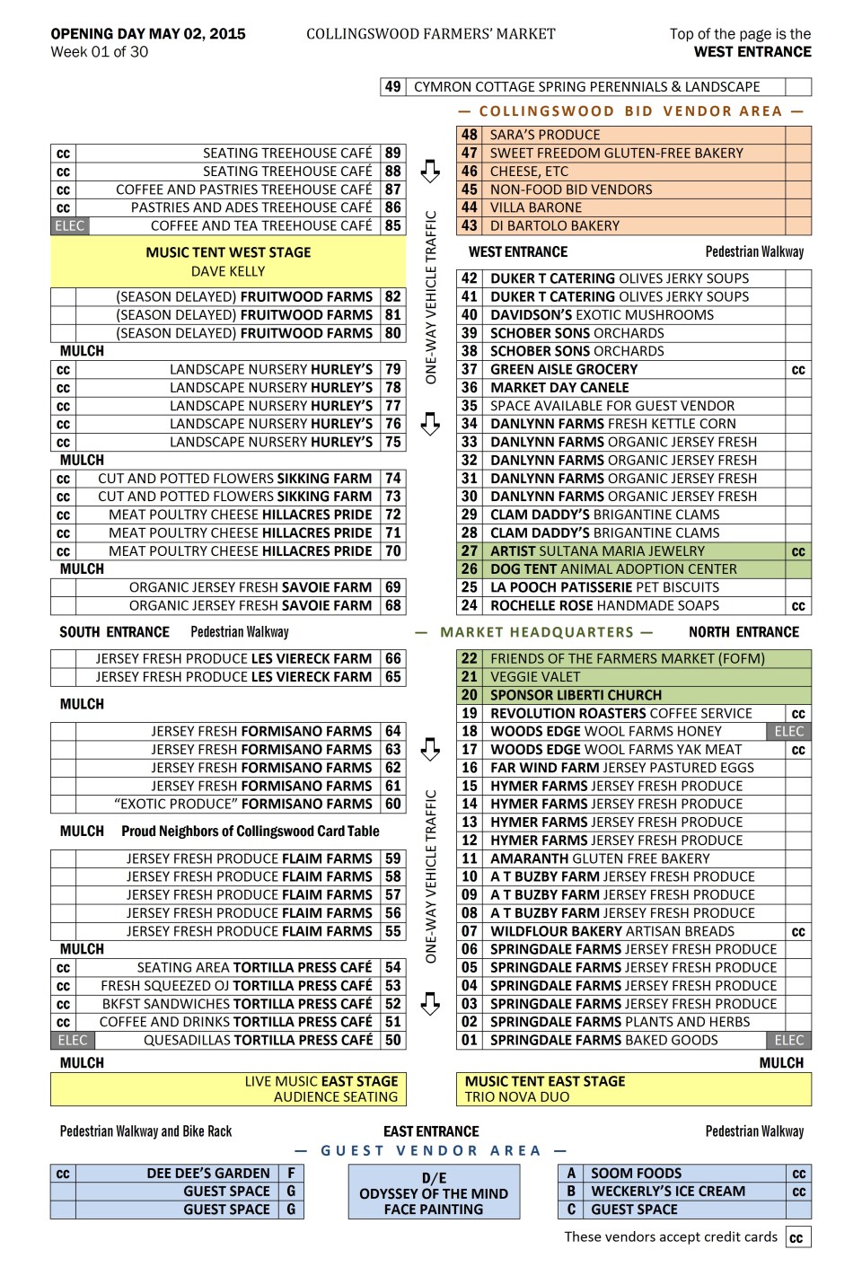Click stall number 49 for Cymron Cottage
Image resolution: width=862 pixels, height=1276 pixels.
[392, 87]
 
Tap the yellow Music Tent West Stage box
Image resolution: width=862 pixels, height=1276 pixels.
[228, 261]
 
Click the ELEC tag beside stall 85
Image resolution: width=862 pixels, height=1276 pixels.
[69, 226]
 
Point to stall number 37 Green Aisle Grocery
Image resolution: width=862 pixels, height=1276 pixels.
[469, 369]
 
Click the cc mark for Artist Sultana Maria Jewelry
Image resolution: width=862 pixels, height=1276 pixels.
[798, 551]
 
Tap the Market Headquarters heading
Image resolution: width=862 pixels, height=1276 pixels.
[536, 632]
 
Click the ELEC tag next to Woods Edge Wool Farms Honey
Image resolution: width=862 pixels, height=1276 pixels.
[789, 732]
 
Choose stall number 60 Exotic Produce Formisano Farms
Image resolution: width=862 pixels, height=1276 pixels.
[392, 805]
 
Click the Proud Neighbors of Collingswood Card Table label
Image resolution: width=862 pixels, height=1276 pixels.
[251, 832]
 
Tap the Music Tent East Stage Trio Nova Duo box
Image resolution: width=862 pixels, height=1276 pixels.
[633, 1089]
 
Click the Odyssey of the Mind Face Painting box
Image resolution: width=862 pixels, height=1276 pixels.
[434, 1193]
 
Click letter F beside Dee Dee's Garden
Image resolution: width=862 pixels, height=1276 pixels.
[291, 1174]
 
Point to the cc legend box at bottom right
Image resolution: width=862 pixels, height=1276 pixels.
[796, 1237]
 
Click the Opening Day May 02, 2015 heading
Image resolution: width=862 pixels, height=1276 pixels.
[148, 34]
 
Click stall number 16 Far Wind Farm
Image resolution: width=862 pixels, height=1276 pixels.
[469, 768]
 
